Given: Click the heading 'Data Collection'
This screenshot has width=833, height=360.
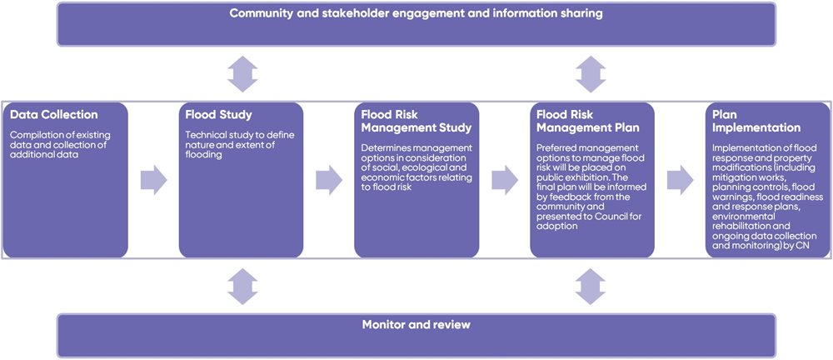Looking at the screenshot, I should (53, 116).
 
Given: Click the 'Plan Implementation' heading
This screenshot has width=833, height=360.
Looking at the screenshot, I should (753, 122).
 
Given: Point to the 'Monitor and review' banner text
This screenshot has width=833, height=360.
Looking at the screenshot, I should (416, 324).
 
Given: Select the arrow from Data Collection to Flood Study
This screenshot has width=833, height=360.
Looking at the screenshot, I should (153, 178).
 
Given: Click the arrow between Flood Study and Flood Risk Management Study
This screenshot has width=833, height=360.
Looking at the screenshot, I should (329, 178).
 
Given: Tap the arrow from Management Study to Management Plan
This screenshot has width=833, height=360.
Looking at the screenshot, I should (505, 178).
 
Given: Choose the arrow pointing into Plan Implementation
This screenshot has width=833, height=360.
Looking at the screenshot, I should (681, 178).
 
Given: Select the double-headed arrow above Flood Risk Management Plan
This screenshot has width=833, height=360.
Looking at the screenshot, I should (591, 74).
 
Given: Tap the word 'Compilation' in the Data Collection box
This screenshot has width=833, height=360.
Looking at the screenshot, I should (34, 135).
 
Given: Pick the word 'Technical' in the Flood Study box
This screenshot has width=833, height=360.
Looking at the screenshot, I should (205, 135).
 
